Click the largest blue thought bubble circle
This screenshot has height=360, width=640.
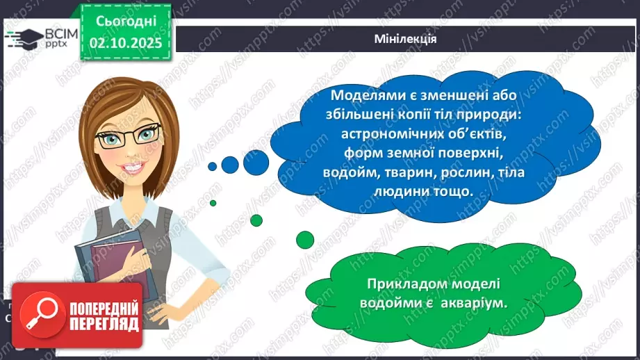click(x=256, y=162)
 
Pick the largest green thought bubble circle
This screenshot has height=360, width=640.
click(x=305, y=239)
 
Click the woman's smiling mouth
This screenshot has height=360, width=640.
click(x=136, y=169)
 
